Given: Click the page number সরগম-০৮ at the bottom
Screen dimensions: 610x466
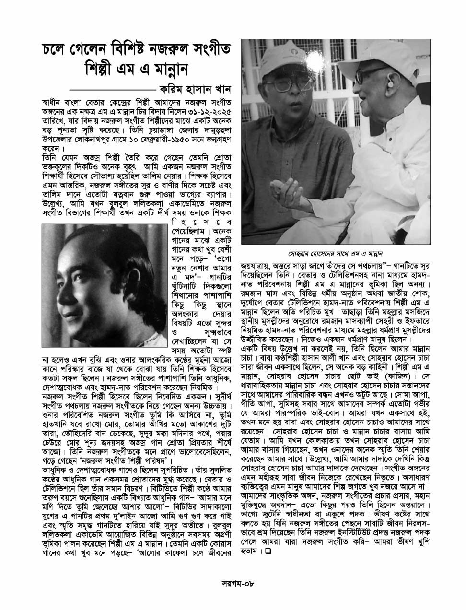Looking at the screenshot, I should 232,584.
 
